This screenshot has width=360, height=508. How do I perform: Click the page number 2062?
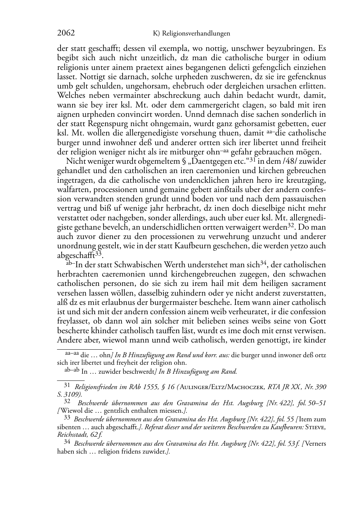(66, 33)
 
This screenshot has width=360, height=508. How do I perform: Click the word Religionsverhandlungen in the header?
(196, 34)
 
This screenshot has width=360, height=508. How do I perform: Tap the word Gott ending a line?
(318, 321)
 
